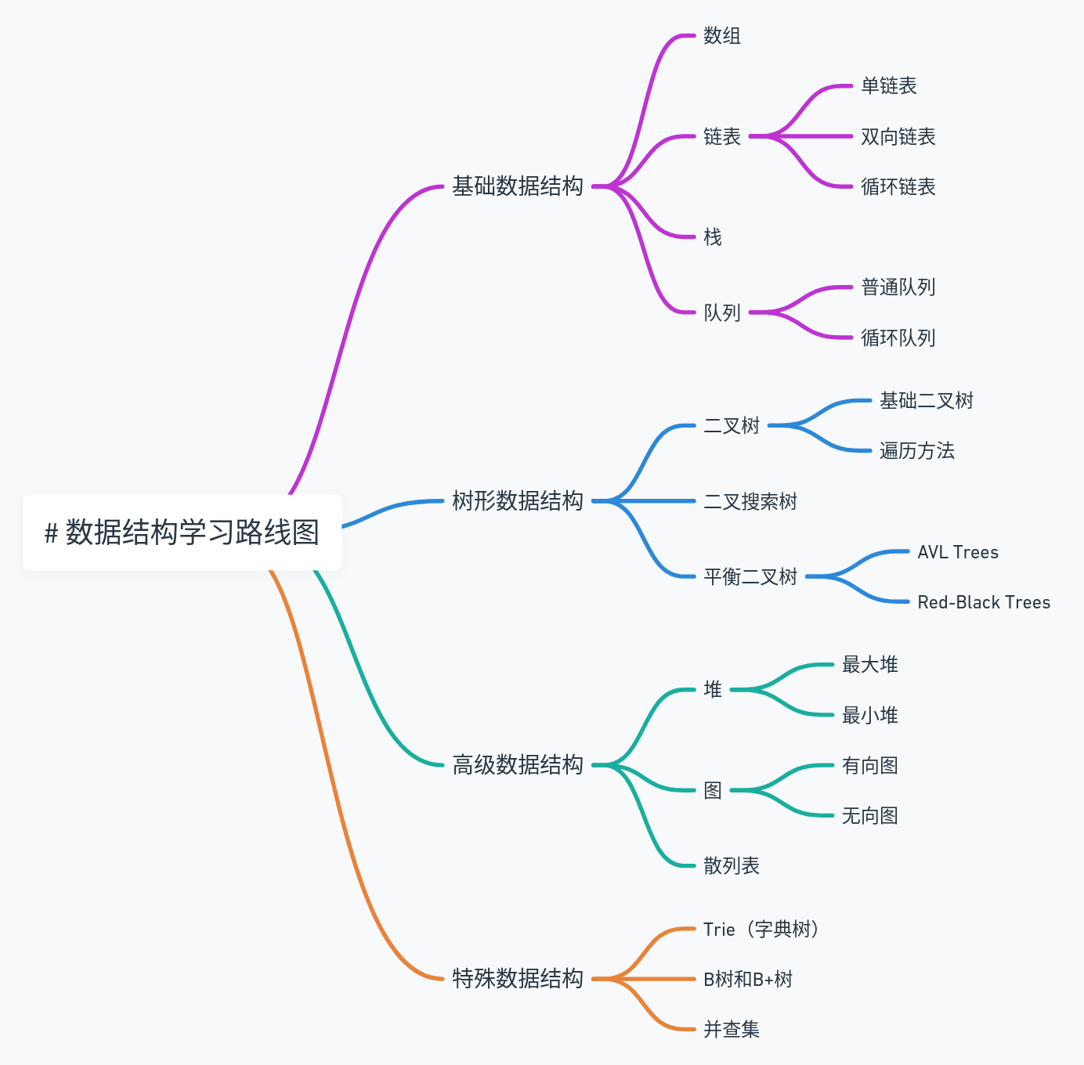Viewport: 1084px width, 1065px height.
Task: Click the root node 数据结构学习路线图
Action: [182, 532]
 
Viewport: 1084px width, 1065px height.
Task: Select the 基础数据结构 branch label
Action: [518, 186]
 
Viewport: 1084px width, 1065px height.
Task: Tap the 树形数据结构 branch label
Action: [518, 501]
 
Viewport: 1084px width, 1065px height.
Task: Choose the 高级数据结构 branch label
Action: [518, 765]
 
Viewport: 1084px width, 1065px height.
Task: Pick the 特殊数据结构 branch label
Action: [518, 979]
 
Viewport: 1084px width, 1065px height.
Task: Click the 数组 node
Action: [722, 36]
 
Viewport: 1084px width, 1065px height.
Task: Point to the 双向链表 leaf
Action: [898, 137]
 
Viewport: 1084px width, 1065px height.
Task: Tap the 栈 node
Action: [713, 237]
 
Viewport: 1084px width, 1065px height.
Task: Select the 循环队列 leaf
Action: [898, 338]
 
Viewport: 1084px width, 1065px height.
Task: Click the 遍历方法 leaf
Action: [917, 451]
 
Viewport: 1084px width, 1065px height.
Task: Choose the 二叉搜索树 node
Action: [750, 502]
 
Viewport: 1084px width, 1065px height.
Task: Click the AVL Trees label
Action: [958, 552]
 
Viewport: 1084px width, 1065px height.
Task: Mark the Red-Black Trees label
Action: [984, 602]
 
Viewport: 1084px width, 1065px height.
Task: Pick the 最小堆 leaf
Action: [870, 716]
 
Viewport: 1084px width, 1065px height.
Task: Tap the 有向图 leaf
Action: [870, 766]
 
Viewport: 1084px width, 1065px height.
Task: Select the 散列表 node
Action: [732, 866]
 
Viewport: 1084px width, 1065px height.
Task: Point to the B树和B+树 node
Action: [748, 980]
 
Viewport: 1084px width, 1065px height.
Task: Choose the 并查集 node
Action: [732, 1030]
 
